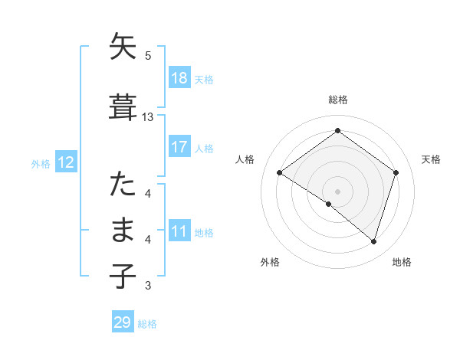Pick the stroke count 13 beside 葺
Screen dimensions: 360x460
pyautogui.click(x=148, y=117)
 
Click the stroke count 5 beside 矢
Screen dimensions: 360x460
pyautogui.click(x=148, y=55)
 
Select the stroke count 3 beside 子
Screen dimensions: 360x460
pyautogui.click(x=148, y=286)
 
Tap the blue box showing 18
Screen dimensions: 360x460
pyautogui.click(x=179, y=78)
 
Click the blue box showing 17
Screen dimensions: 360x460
pyautogui.click(x=179, y=147)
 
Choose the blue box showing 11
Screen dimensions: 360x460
pyautogui.click(x=179, y=231)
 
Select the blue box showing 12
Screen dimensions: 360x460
pyautogui.click(x=65, y=162)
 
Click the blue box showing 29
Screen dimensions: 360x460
pyautogui.click(x=123, y=322)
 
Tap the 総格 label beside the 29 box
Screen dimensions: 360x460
pyautogui.click(x=147, y=324)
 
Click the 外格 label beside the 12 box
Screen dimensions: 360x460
pyautogui.click(x=41, y=163)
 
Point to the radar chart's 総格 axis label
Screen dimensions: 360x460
pyautogui.click(x=338, y=100)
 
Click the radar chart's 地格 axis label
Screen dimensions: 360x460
pyautogui.click(x=402, y=262)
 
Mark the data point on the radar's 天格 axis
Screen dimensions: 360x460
pyautogui.click(x=396, y=172)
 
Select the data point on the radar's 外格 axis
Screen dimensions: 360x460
pyautogui.click(x=329, y=205)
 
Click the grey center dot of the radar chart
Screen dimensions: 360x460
pyautogui.click(x=337, y=191)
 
